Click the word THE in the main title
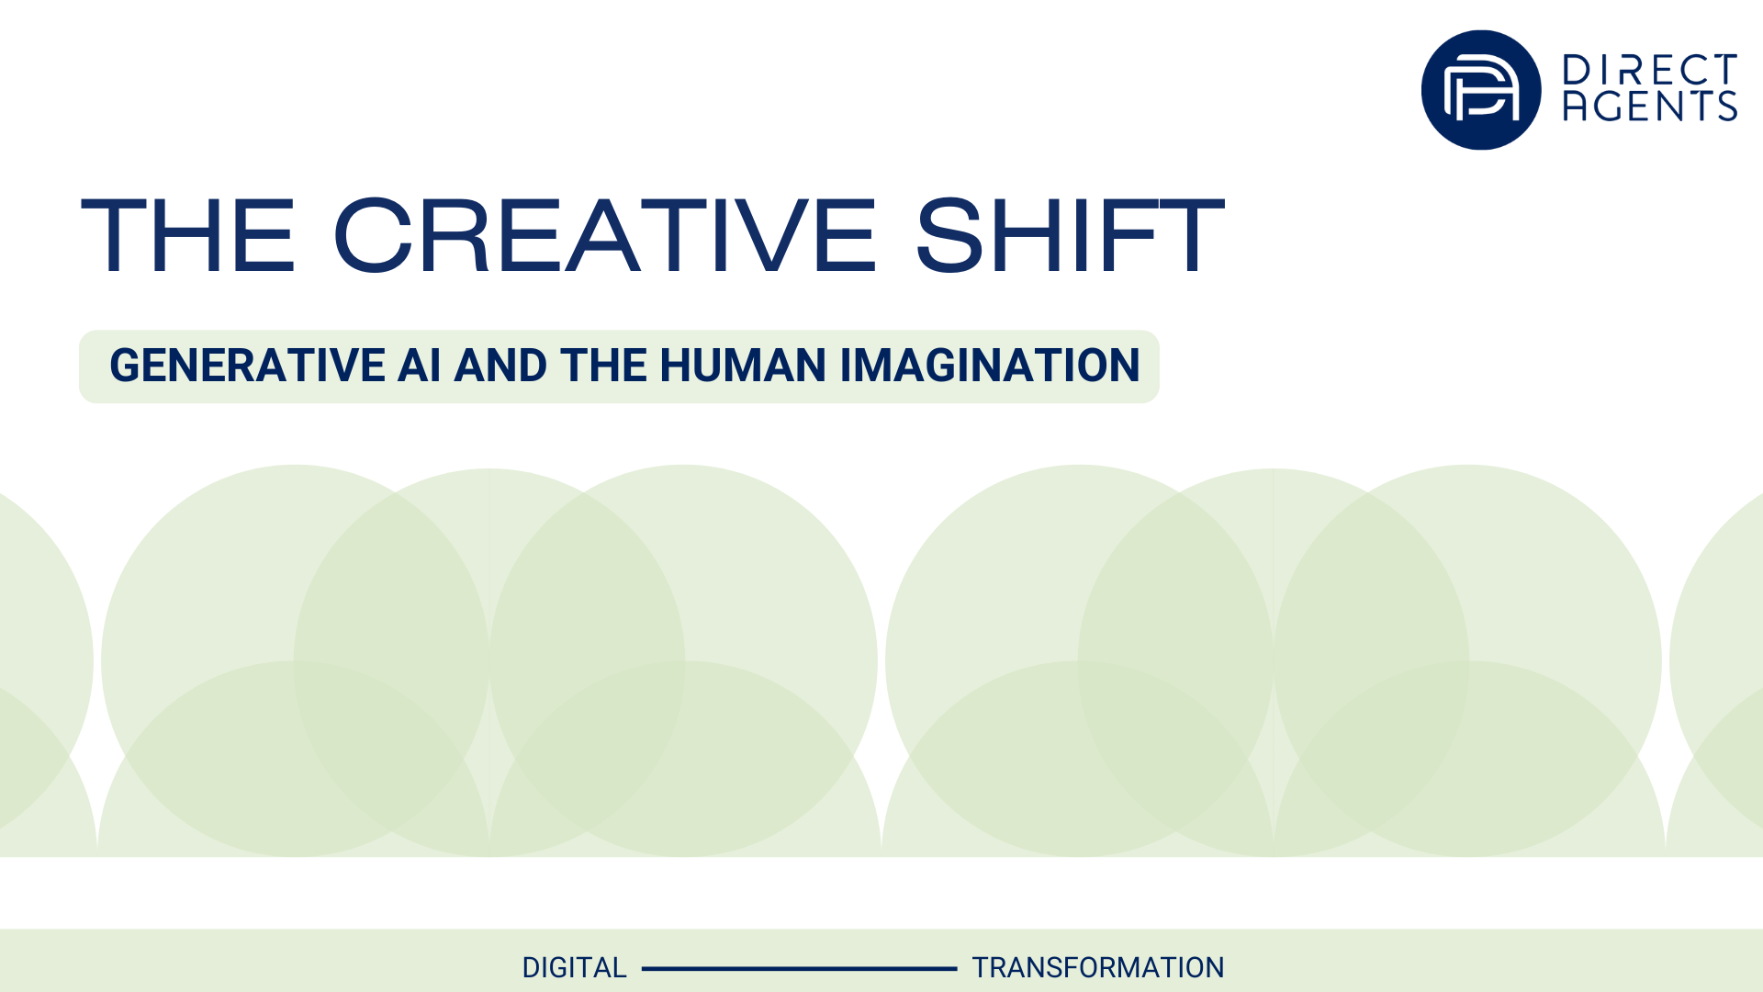188,235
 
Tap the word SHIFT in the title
1070,235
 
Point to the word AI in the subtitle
420,366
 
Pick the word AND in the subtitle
501,366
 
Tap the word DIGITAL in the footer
574,968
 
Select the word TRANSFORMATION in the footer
1098,968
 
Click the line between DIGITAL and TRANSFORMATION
799,968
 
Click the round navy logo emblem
1481,90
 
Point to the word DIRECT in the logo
1650,70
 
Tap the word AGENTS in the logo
1650,106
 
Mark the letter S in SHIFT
950,235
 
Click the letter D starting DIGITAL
532,968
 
